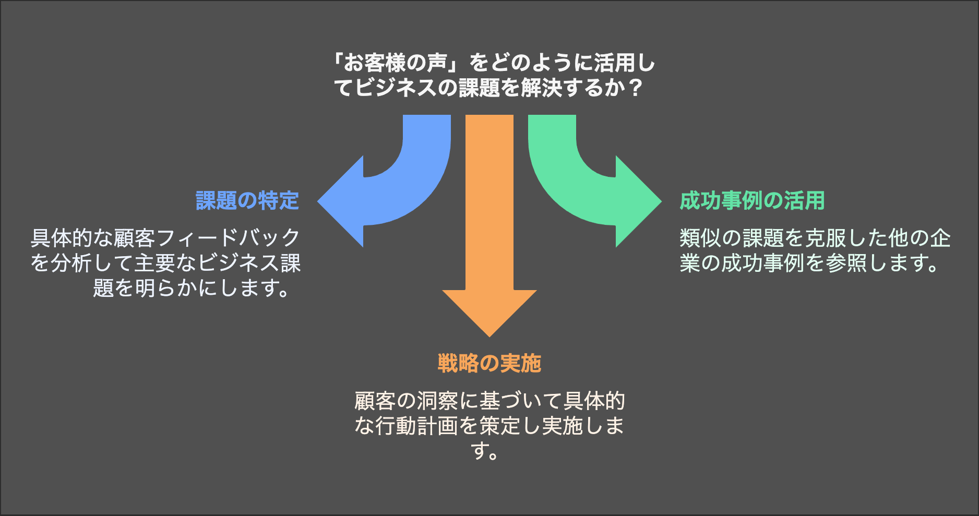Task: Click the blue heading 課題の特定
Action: click(247, 201)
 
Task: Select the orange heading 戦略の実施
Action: click(489, 364)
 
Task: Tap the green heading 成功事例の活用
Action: click(752, 201)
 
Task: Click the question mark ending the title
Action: click(635, 88)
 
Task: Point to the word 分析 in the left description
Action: click(71, 263)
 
